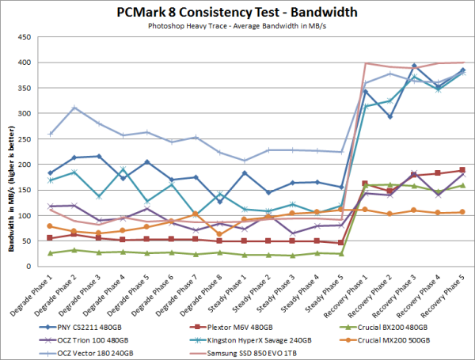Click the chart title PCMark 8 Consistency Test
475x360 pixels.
coord(236,12)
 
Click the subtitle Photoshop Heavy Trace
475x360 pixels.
coord(236,25)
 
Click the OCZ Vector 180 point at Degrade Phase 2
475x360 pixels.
coord(74,108)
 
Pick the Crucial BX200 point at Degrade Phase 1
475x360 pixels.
coord(50,253)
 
